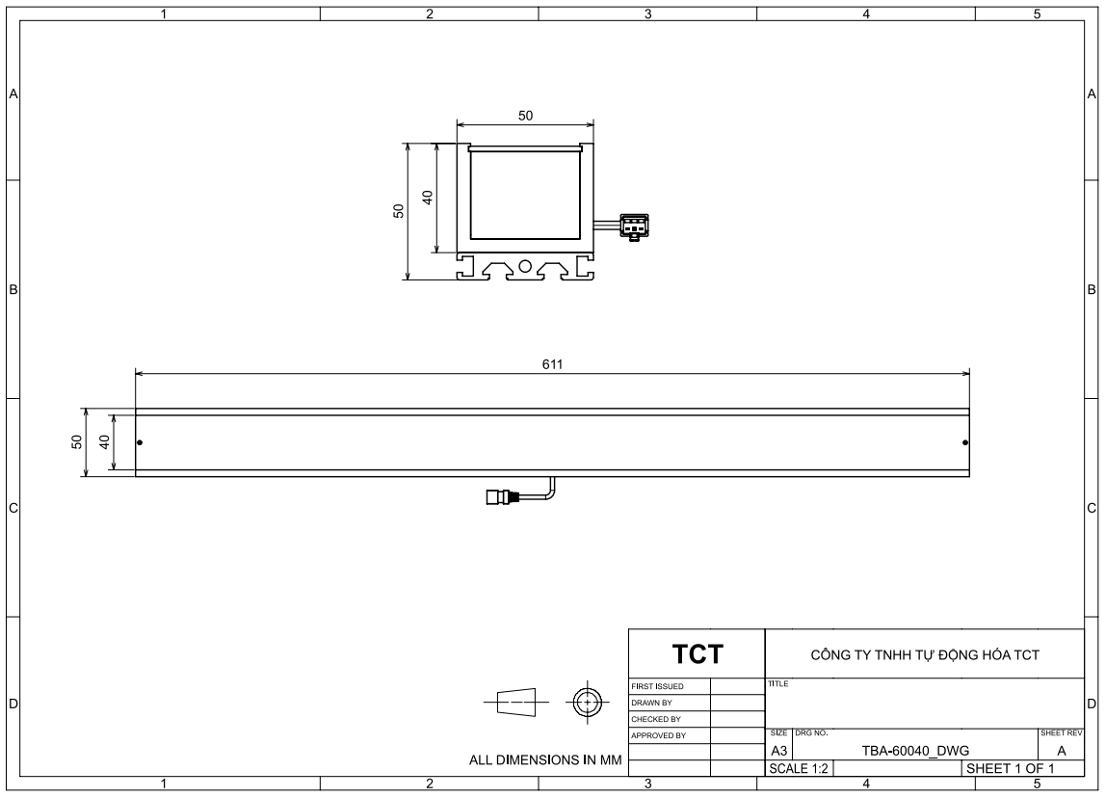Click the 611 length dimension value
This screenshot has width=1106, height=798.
[x=552, y=364]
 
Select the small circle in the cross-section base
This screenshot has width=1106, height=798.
[x=525, y=266]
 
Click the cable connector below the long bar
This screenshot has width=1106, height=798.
[x=502, y=497]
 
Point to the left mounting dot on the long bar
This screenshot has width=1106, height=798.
[x=140, y=442]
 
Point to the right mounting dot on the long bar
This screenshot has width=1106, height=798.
[x=965, y=442]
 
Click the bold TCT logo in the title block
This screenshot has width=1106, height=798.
[x=697, y=654]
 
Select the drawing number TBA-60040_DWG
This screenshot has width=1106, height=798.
[x=915, y=751]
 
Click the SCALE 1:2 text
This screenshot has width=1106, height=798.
[x=799, y=768]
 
